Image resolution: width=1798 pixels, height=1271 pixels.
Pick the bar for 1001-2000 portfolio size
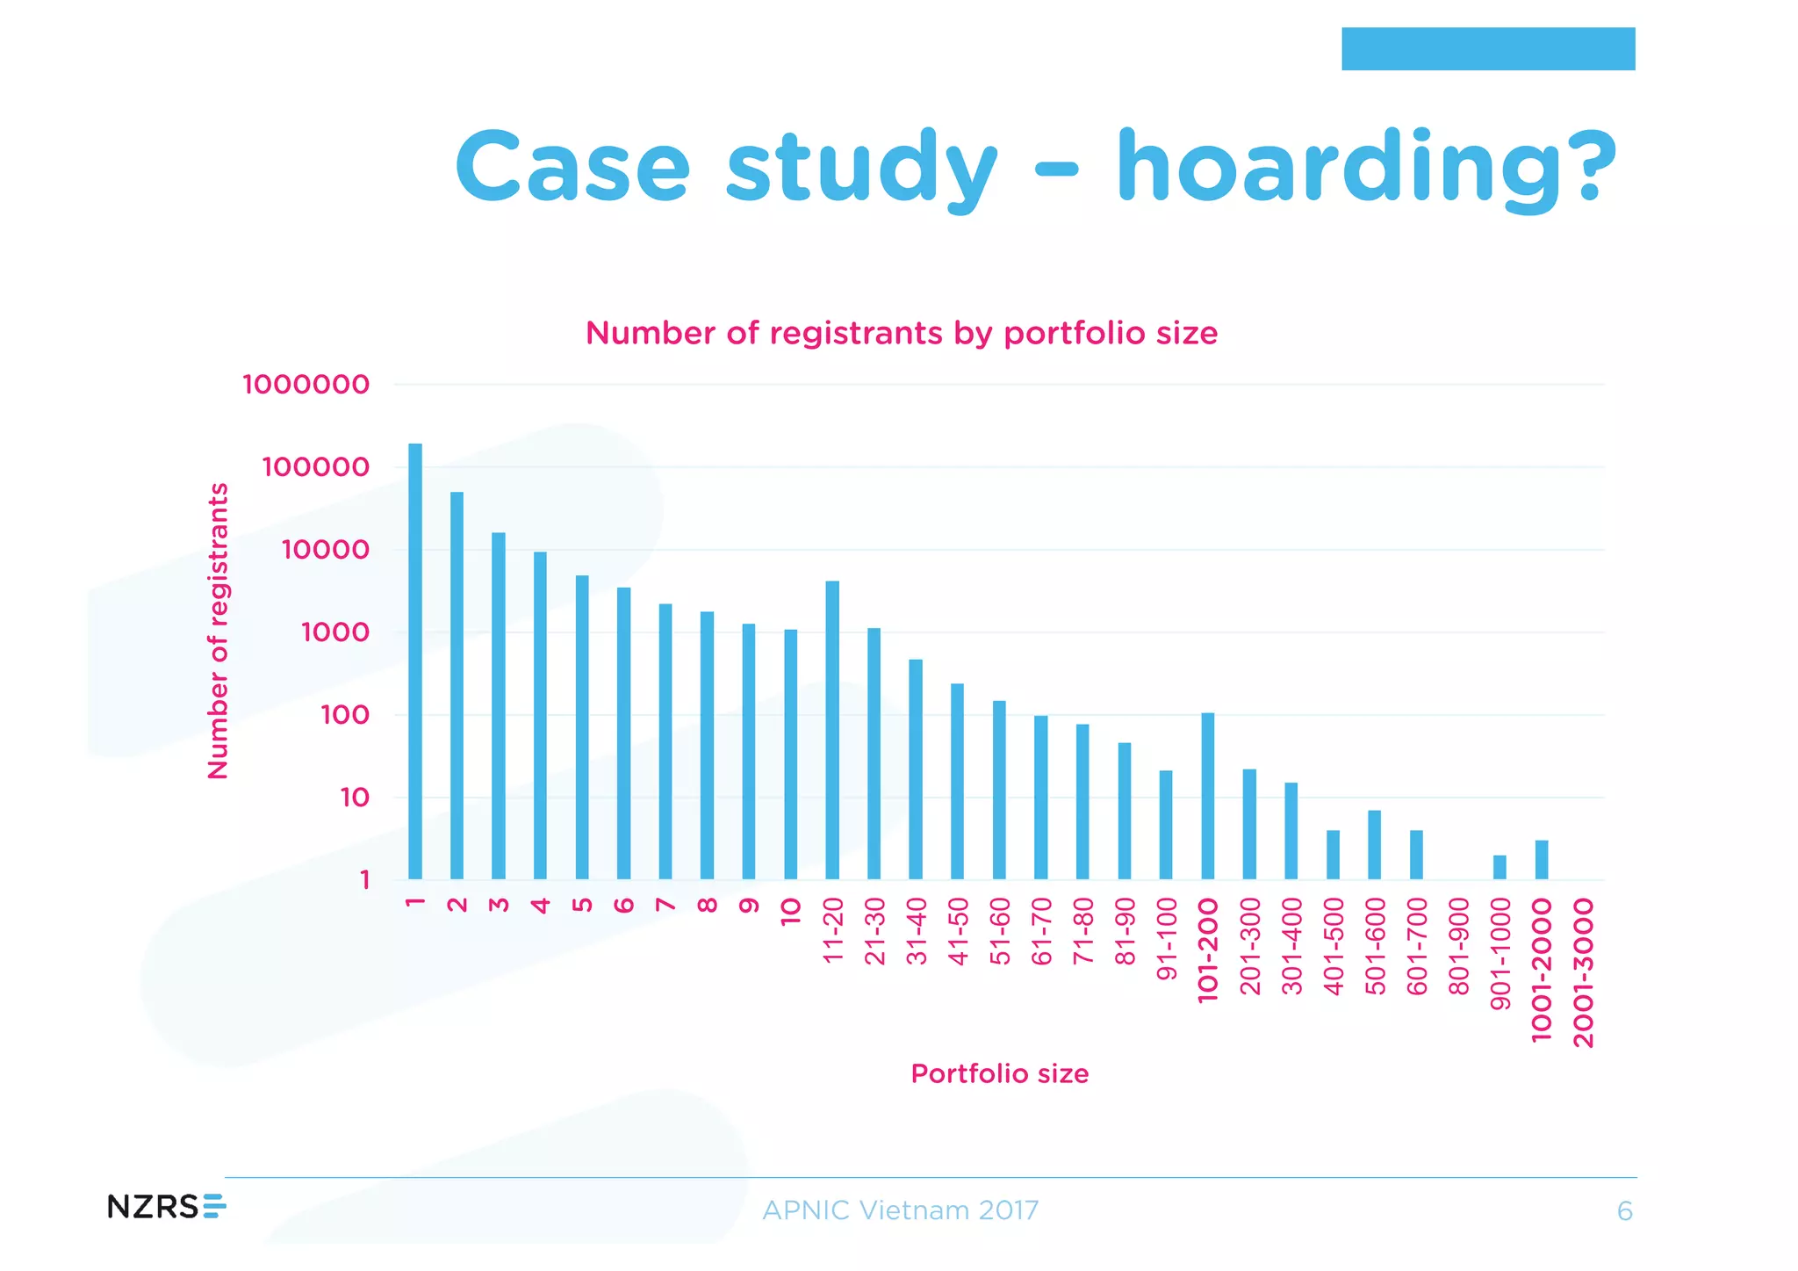1542,860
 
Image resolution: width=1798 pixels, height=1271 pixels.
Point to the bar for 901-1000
1500,867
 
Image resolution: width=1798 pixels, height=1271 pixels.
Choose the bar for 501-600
1375,844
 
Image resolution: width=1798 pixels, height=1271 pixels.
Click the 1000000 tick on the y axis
306,385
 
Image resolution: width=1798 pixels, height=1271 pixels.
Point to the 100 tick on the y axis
345,715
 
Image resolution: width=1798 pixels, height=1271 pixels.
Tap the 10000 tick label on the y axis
325,550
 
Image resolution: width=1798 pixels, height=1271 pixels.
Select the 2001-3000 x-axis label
1583,972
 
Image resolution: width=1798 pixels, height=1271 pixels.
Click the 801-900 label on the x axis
1458,947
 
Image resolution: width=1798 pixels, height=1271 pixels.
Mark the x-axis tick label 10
791,912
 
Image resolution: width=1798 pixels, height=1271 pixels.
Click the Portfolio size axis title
999,1073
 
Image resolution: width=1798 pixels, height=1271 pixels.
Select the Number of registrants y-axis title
218,631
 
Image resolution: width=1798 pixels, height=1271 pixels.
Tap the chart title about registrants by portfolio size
902,334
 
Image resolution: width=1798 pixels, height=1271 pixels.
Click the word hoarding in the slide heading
1366,167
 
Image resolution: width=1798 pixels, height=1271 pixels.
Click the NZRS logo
166,1206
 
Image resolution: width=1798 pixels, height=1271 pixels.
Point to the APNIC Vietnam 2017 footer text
900,1210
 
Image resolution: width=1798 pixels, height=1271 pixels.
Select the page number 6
1624,1212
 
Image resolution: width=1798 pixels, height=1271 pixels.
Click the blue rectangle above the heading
1488,48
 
